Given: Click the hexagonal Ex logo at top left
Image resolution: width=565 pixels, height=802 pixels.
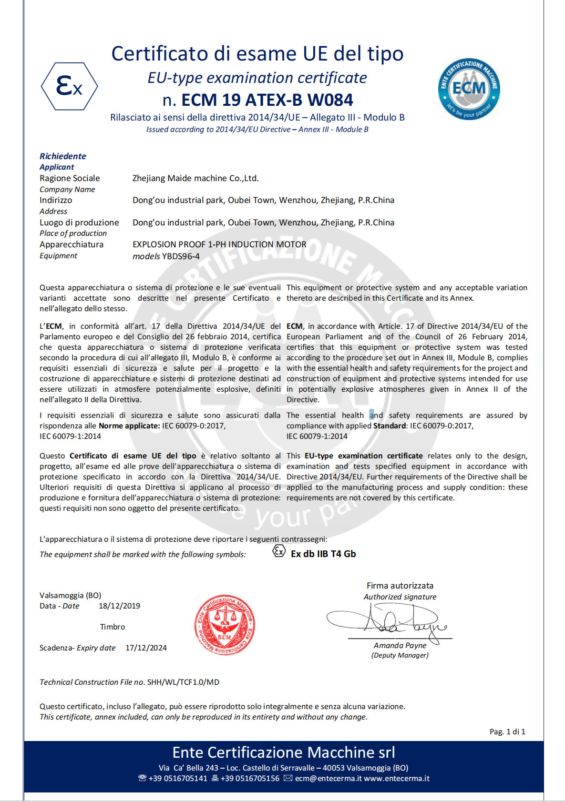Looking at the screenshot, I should [70, 86].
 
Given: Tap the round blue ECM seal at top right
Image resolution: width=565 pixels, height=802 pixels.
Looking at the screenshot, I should [469, 89].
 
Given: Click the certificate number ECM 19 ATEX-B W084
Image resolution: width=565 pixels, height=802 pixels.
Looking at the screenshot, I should [267, 100].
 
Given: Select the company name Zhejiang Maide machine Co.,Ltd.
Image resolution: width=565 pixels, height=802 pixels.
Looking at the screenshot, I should [195, 178].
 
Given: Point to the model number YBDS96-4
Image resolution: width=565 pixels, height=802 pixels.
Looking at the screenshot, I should [181, 256].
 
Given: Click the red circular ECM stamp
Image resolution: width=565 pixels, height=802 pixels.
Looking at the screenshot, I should [225, 625].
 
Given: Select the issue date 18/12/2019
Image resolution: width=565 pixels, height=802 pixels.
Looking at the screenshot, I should [119, 606].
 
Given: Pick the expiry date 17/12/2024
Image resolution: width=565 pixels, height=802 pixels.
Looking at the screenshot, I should [146, 648].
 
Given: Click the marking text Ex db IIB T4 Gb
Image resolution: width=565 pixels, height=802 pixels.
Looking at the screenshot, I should [323, 554].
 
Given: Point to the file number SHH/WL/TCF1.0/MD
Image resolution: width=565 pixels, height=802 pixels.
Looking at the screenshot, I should [183, 682].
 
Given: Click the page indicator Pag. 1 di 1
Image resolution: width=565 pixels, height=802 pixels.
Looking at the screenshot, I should [507, 732].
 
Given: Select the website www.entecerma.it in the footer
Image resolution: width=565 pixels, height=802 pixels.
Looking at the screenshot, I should [397, 779].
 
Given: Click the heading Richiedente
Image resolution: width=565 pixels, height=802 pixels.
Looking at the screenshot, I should [63, 156].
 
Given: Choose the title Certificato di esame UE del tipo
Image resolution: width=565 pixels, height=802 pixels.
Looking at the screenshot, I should [257, 54].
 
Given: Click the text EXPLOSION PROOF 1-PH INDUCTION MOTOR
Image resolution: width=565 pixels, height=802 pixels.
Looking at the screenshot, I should [219, 244].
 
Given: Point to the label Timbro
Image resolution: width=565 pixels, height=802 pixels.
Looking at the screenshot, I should [113, 627].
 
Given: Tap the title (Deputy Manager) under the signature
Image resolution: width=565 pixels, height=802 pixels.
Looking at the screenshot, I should [400, 656].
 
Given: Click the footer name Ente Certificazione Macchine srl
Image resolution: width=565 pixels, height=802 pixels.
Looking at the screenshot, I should [284, 752].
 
